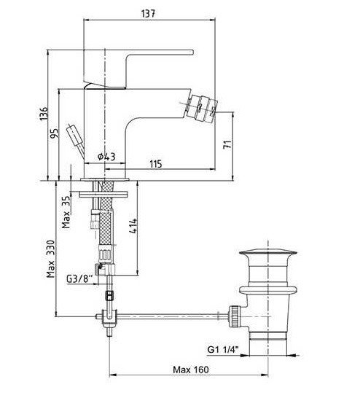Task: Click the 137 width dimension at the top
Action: (148, 13)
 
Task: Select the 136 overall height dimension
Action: (44, 114)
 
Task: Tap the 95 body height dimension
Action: (54, 133)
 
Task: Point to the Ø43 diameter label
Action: (106, 157)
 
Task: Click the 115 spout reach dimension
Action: (155, 164)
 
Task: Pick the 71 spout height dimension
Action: (227, 144)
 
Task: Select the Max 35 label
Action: (66, 212)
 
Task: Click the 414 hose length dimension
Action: (133, 226)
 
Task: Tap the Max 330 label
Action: (50, 259)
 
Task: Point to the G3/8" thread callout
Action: (79, 279)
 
